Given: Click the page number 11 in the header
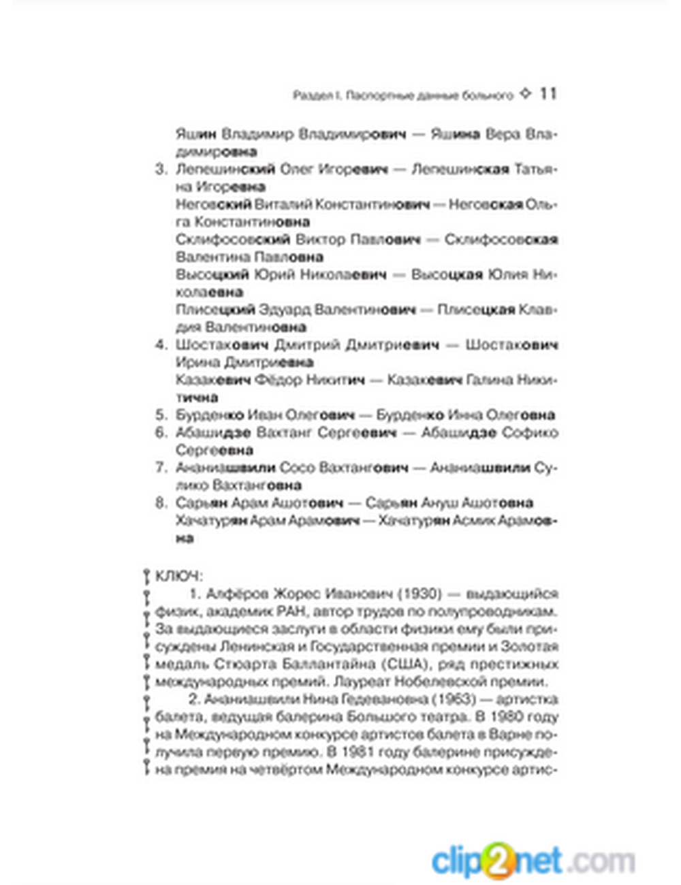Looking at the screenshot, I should [548, 94].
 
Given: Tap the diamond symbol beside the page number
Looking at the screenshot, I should [525, 94].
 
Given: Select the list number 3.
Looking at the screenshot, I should [161, 169].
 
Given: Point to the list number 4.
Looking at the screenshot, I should [161, 344].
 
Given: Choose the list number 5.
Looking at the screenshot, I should [161, 415].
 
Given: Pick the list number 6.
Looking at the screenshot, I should [161, 432].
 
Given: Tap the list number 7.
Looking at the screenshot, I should [161, 468].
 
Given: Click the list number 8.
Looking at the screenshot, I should [161, 503].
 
